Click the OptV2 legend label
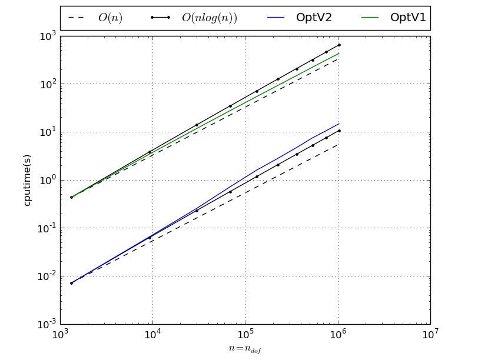point(314,18)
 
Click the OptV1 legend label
point(408,18)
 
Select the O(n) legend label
point(110,18)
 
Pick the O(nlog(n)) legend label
point(209,18)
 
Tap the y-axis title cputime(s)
point(27,180)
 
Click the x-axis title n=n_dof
point(245,348)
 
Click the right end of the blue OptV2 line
point(339,124)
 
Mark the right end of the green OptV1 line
point(339,54)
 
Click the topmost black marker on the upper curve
point(339,45)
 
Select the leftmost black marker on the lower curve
point(71,283)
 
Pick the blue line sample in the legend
point(275,18)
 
